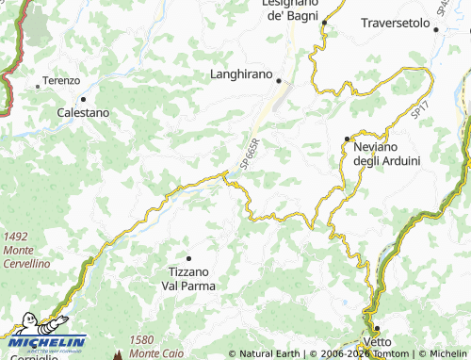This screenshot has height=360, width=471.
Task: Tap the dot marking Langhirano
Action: click(278, 81)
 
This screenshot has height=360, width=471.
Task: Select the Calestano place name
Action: click(82, 112)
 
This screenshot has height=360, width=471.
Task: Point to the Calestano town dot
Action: click(83, 98)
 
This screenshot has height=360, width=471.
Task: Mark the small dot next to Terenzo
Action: click(38, 86)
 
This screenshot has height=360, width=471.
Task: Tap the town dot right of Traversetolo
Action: click(436, 29)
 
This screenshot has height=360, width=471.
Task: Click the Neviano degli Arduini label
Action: click(385, 154)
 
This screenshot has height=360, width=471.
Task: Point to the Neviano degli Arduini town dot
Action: click(347, 139)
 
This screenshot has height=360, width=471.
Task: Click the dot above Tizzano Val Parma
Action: click(188, 258)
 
